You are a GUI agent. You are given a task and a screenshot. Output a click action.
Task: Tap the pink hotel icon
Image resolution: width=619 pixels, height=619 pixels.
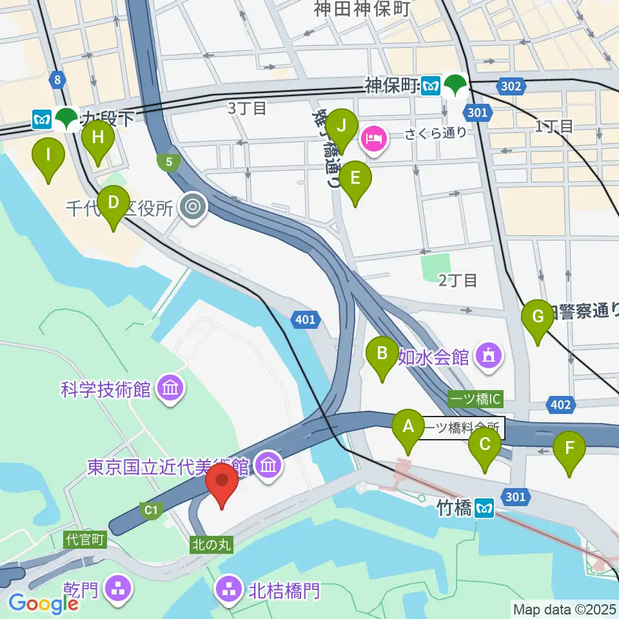coord(374,137)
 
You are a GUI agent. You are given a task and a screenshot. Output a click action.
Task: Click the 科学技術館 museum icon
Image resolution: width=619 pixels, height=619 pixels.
coord(172,389)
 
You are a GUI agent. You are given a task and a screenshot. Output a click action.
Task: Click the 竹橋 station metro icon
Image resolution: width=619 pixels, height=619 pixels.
coord(484,509)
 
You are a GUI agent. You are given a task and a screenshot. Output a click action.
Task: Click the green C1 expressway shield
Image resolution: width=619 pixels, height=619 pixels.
coord(150,510)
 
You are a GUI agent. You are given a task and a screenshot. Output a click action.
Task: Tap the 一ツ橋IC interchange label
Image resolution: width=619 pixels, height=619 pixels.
coord(475,400)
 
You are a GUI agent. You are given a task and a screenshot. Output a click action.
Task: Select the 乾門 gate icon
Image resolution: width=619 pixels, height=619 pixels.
coord(121,587)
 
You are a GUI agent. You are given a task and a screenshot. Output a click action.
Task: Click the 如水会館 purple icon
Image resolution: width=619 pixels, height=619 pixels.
coord(489,355)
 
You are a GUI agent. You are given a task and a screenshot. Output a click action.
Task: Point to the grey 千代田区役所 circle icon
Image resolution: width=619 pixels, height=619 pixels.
coord(192,208)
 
